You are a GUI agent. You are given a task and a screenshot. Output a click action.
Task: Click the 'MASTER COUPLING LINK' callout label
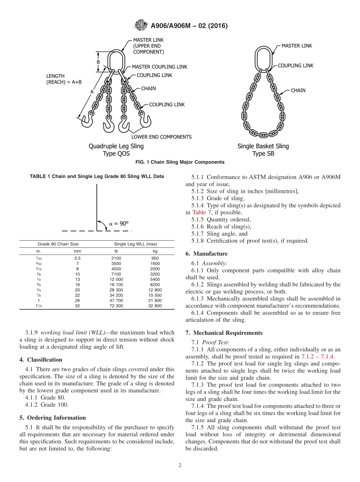(x=159, y=67)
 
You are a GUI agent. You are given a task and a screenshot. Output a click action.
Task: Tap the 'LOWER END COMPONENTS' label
(x=161, y=137)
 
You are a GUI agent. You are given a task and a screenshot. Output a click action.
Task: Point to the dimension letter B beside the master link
(x=98, y=62)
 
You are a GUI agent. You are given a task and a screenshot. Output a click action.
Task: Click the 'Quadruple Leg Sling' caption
(x=116, y=146)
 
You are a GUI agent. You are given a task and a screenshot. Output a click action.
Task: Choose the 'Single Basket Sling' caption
(x=263, y=146)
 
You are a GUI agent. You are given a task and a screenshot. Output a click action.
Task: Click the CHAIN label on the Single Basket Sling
(x=298, y=91)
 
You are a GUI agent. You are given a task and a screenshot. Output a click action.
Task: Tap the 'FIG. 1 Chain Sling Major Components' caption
(x=180, y=162)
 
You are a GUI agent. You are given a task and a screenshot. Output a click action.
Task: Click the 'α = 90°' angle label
(x=119, y=224)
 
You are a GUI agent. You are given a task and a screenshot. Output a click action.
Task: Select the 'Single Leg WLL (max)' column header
(x=135, y=244)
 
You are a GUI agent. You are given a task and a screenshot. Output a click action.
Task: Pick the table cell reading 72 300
(x=116, y=306)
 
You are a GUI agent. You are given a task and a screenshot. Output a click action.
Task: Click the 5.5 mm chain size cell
(x=77, y=258)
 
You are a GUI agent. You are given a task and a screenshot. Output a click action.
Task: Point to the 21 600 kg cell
(x=155, y=300)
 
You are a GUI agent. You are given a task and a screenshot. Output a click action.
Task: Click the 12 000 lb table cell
(x=116, y=279)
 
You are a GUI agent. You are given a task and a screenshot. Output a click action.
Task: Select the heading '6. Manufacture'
(x=206, y=254)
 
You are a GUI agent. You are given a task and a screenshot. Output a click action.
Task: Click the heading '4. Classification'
(x=41, y=360)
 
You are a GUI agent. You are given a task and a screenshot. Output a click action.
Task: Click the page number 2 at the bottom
(x=180, y=466)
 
